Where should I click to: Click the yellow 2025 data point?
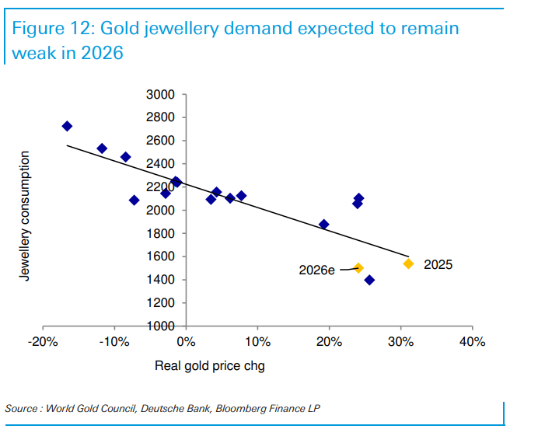(x=409, y=263)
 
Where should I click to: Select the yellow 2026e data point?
(x=358, y=268)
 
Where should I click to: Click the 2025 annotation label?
(x=438, y=264)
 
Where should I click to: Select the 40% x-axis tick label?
(x=472, y=342)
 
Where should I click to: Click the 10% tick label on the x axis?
(x=258, y=342)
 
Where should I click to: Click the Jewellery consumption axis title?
(x=25, y=216)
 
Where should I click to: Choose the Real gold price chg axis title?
(x=210, y=365)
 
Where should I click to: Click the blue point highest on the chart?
(x=67, y=126)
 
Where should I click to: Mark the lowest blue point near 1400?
(x=369, y=280)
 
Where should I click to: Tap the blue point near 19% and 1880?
(x=324, y=225)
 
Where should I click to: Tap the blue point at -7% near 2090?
(x=134, y=200)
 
